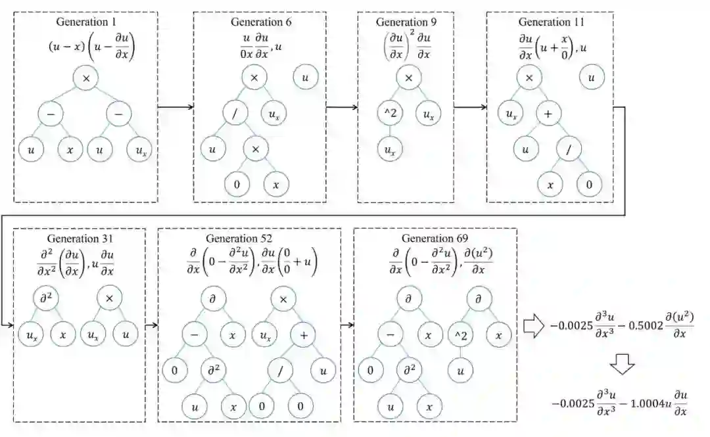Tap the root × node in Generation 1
(86, 79)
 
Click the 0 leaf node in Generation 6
(236, 185)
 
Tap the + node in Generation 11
(547, 114)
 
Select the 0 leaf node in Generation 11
(589, 185)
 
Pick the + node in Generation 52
(303, 334)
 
